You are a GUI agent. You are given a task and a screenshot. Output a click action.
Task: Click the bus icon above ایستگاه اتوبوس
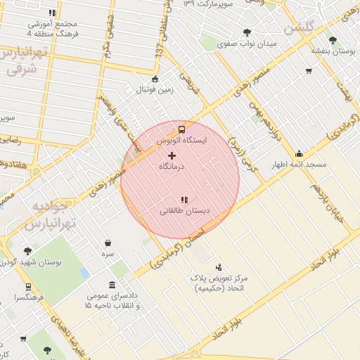(x=182, y=129)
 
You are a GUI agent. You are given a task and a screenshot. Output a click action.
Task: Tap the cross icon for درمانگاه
(x=172, y=154)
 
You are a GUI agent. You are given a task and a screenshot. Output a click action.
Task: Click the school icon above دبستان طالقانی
(x=185, y=200)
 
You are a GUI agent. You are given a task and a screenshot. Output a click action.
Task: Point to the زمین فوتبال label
(x=155, y=89)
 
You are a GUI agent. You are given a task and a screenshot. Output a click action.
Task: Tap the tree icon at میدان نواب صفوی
(x=247, y=32)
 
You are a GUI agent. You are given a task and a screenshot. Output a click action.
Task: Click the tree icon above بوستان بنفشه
(x=333, y=39)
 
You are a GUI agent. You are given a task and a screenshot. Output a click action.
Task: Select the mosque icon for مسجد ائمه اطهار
(x=300, y=153)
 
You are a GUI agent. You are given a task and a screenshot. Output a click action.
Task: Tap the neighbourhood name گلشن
(x=299, y=28)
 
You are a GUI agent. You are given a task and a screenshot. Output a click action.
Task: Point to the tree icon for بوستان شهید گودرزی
(x=27, y=250)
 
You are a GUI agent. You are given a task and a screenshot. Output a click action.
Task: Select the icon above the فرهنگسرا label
(x=27, y=287)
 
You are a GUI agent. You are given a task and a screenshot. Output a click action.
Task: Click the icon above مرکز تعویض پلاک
(x=219, y=266)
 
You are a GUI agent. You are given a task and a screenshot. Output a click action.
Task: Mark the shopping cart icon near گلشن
(x=308, y=71)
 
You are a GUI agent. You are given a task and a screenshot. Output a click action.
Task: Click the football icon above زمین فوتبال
(x=155, y=79)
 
